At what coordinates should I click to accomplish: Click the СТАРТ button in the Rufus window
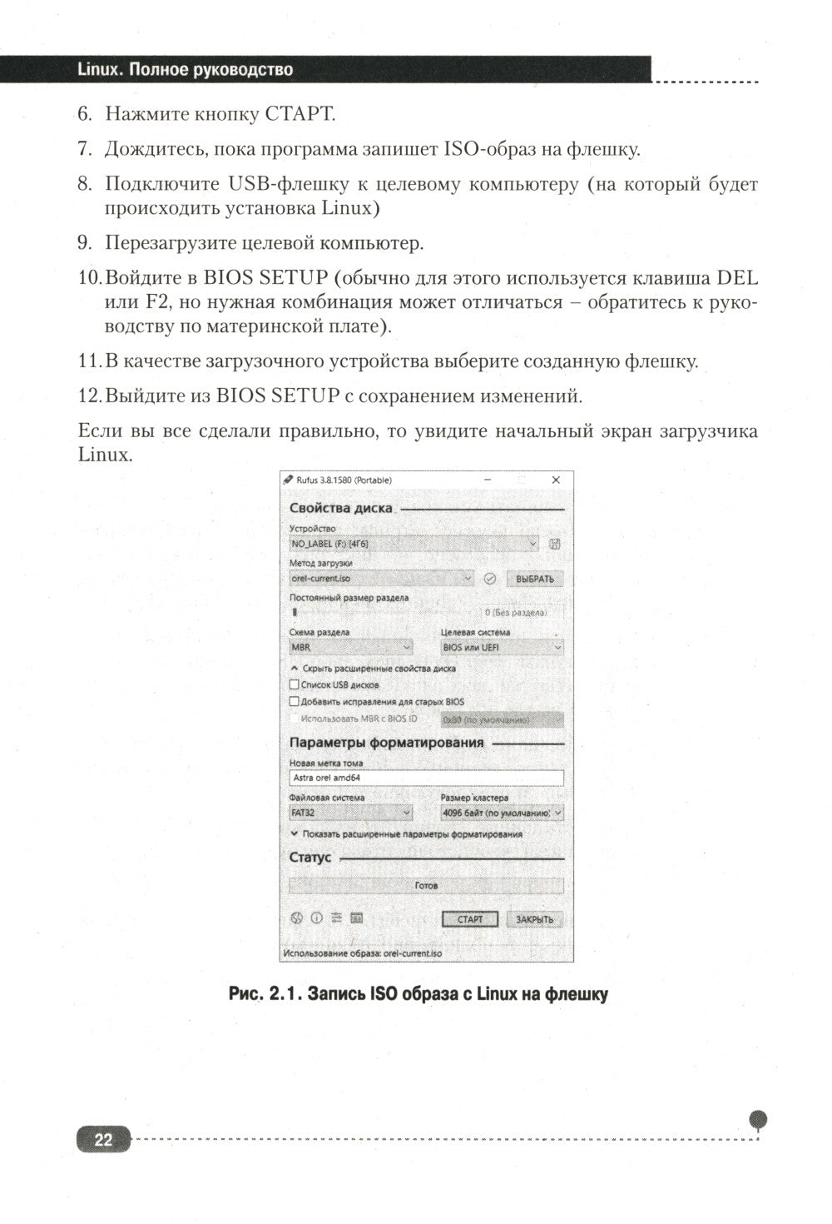point(469,919)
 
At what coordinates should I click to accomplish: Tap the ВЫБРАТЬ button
point(534,579)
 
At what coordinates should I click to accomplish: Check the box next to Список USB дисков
point(294,684)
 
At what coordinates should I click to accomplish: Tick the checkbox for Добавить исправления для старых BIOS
point(294,701)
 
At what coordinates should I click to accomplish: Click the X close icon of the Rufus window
point(556,480)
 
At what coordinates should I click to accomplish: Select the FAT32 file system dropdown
point(350,813)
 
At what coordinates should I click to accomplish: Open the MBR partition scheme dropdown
point(350,647)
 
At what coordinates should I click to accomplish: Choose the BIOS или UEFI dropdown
point(502,647)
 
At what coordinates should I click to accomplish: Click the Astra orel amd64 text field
point(426,778)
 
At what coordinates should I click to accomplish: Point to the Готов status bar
point(426,886)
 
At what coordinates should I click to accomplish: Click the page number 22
point(103,1139)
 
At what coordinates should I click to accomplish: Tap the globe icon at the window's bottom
point(295,918)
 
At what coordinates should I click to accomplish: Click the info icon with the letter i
point(316,918)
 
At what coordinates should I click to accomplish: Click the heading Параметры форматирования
point(386,743)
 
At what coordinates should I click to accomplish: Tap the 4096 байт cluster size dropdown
point(502,813)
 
